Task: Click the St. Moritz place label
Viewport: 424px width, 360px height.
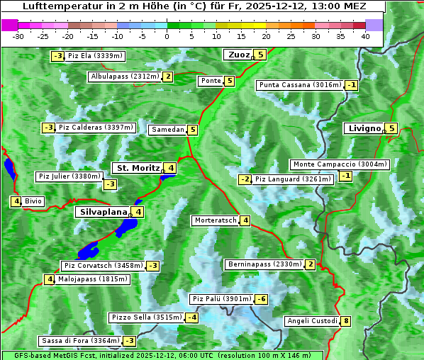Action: (x=138, y=168)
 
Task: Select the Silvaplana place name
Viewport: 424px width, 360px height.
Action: (x=103, y=212)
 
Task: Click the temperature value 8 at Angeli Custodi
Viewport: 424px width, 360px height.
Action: (x=345, y=321)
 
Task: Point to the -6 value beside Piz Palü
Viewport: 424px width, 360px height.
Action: (x=261, y=299)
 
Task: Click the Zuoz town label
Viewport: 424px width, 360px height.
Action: (x=237, y=55)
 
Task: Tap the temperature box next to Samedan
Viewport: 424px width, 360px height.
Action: (x=192, y=130)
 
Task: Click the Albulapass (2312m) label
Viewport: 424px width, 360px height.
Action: (x=125, y=77)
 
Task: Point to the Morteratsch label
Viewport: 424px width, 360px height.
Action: (x=215, y=220)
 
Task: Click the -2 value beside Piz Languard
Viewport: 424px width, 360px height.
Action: (x=245, y=179)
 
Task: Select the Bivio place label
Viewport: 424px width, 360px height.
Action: (x=33, y=201)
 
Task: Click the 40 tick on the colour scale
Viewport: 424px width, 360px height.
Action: (x=365, y=36)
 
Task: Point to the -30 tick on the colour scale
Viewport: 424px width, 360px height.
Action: (x=18, y=36)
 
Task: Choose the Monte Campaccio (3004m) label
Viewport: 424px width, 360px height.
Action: (x=340, y=164)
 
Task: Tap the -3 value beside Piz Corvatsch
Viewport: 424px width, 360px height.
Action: (x=152, y=266)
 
